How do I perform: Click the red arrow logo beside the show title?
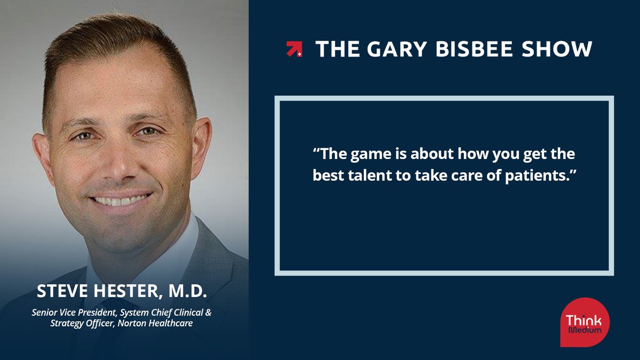(294, 49)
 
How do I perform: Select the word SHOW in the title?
(560, 49)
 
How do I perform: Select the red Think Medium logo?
(585, 322)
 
